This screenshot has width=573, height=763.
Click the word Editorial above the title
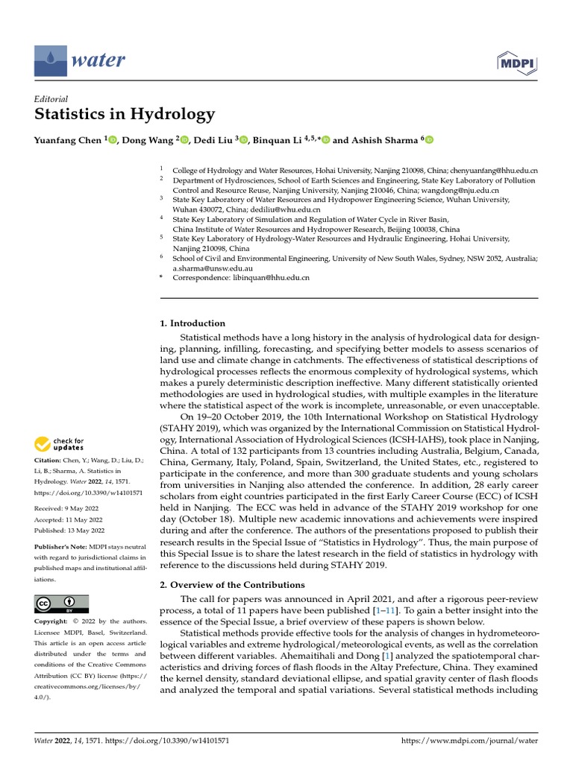51,98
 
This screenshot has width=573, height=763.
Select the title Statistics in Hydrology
125,114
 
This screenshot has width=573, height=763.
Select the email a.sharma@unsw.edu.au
213,267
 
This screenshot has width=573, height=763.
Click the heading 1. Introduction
192,323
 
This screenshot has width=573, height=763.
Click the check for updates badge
60,445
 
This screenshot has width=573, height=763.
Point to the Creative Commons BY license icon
61,604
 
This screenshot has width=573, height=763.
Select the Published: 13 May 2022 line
69,530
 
